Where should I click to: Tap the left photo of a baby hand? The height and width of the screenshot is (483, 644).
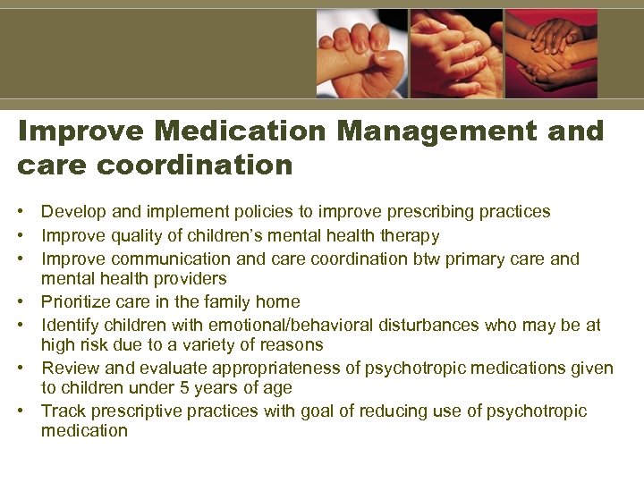362,54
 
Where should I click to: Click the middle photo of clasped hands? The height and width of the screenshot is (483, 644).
456,54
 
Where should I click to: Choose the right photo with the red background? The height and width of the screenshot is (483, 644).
551,54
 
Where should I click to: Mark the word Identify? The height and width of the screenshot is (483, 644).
71,326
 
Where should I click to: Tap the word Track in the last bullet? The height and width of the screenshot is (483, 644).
63,411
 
